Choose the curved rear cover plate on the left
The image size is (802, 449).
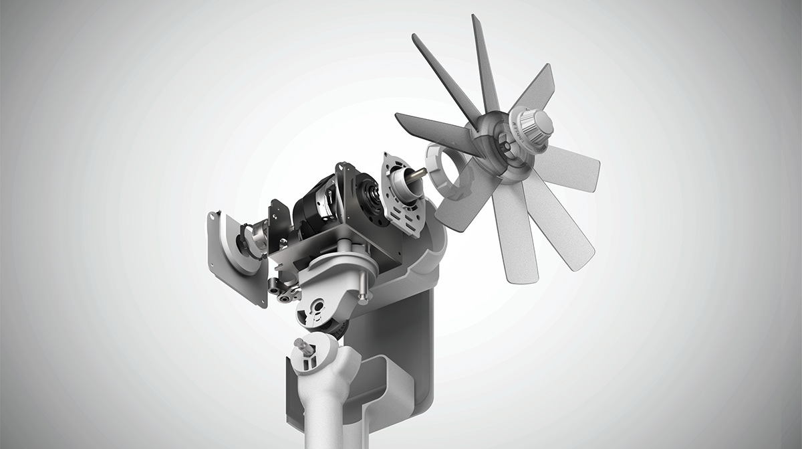click(x=231, y=248)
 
